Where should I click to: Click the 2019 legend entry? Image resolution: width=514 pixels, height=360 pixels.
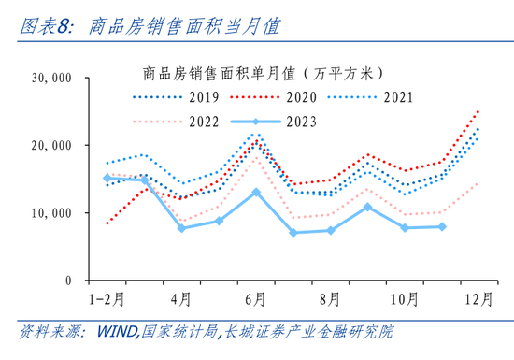tap(176, 97)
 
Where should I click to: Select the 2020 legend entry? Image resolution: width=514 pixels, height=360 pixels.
tap(273, 97)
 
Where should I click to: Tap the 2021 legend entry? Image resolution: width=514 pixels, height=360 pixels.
tap(370, 97)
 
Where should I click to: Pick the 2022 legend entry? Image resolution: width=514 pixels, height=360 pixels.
tap(176, 122)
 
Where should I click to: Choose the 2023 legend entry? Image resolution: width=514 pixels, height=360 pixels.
tap(273, 122)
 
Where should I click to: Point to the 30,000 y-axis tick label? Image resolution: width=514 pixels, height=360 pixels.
tap(51, 78)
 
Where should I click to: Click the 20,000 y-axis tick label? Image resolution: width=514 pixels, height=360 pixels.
tap(51, 146)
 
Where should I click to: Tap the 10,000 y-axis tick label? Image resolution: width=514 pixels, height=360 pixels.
tap(51, 213)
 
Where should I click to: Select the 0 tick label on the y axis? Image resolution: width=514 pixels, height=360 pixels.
tap(68, 281)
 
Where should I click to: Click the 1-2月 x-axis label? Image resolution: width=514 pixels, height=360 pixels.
tap(107, 299)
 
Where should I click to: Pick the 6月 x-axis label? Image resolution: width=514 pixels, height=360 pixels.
tap(255, 299)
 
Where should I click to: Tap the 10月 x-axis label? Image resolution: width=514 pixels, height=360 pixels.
tap(405, 299)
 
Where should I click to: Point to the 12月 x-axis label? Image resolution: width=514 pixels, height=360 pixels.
tap(478, 299)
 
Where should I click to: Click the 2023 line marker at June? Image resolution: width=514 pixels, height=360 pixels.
tap(256, 192)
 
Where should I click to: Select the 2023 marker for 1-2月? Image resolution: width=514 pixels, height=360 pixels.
tap(107, 178)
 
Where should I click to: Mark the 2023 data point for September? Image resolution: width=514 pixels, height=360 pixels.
tap(368, 207)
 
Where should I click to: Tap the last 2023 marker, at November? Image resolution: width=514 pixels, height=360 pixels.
tap(442, 226)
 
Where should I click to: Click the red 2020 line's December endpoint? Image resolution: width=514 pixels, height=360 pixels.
tap(478, 112)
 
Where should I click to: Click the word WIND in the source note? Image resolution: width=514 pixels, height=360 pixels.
tap(117, 332)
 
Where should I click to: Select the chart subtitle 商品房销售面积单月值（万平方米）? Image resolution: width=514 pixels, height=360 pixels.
tap(263, 74)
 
